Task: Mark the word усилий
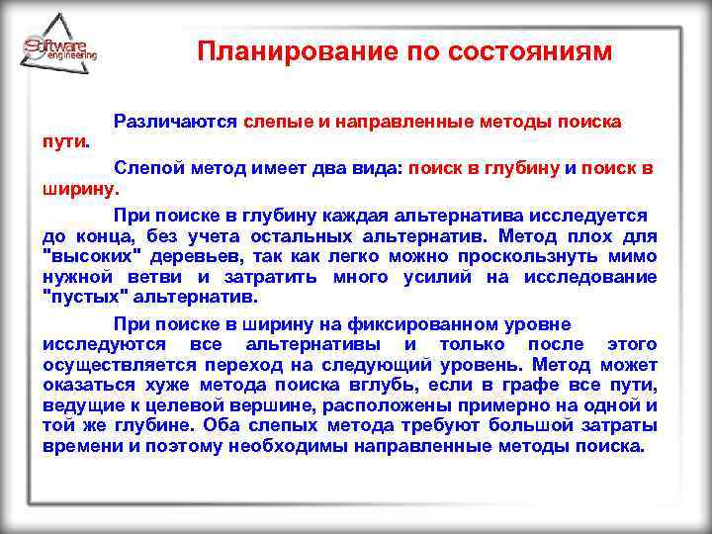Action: [x=439, y=277]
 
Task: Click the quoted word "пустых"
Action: [x=83, y=297]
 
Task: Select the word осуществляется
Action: [x=114, y=364]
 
